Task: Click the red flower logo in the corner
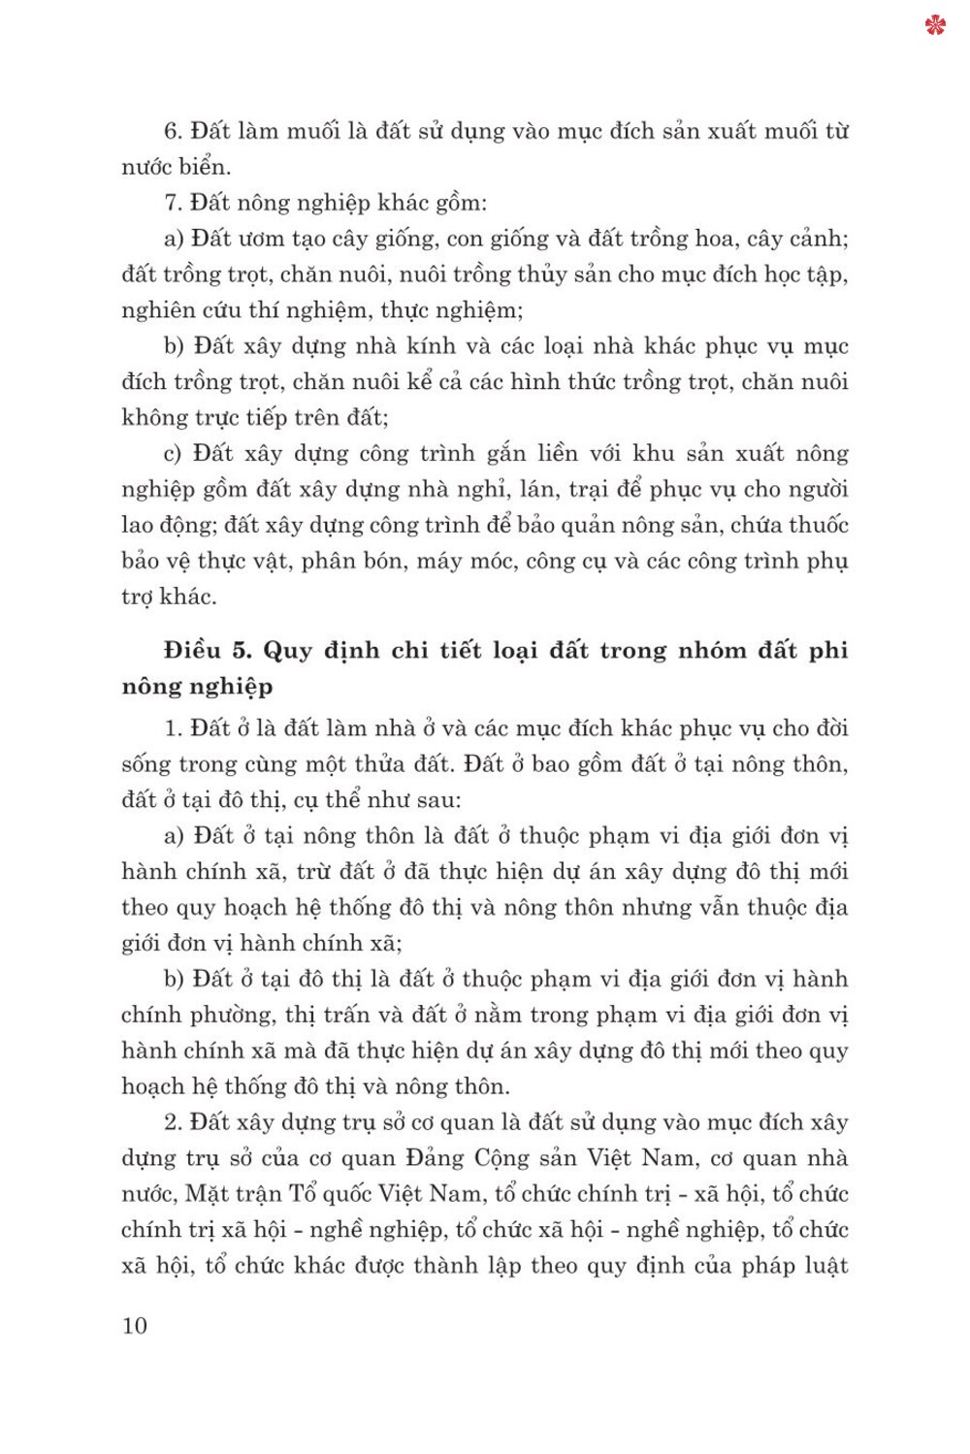pos(935,25)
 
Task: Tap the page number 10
pos(135,1326)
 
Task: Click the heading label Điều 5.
pos(208,650)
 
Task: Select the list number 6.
pos(173,131)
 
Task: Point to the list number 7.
pos(173,203)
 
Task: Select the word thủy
pos(542,275)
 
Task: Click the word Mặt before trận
pos(208,1194)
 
